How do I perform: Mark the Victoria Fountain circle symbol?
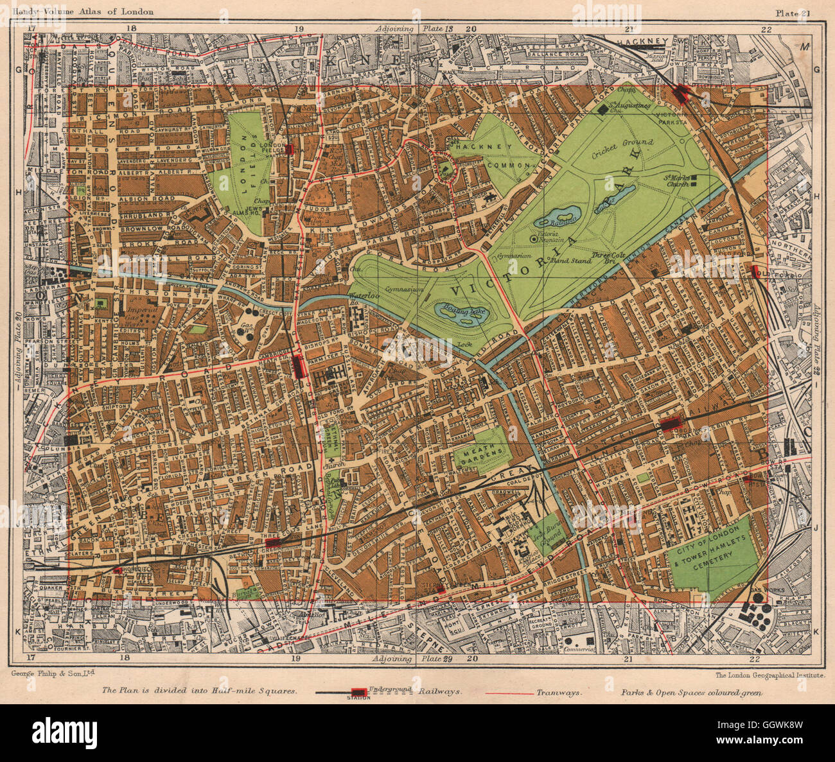pos(534,239)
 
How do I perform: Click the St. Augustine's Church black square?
pos(602,110)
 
